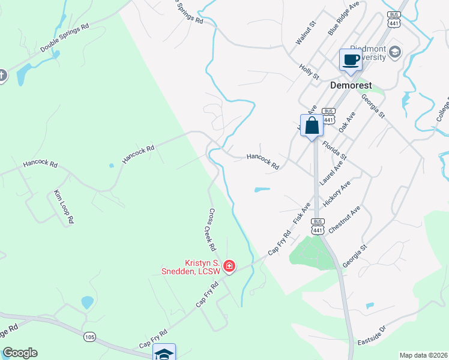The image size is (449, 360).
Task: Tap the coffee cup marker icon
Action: pyautogui.click(x=351, y=60)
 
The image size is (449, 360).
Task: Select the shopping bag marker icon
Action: pyautogui.click(x=312, y=126)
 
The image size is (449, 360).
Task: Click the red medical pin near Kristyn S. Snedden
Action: pyautogui.click(x=229, y=265)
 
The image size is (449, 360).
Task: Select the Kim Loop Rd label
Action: pyautogui.click(x=64, y=207)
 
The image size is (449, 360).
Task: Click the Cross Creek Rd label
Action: pyautogui.click(x=212, y=229)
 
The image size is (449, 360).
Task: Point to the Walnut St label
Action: pyautogui.click(x=306, y=34)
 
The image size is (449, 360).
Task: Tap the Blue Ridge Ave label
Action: pyautogui.click(x=343, y=18)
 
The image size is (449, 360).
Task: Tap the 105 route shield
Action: pyautogui.click(x=89, y=338)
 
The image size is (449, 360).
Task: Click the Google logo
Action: pyautogui.click(x=20, y=353)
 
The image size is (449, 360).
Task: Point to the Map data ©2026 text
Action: pyautogui.click(x=423, y=355)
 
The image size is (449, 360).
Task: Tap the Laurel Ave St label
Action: pyautogui.click(x=331, y=171)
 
